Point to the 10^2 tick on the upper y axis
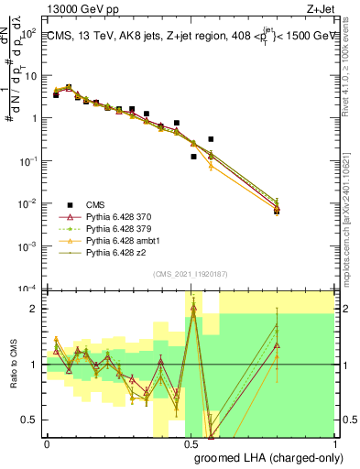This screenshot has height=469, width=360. (x=28, y=33)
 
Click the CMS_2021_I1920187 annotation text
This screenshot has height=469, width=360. (x=190, y=274)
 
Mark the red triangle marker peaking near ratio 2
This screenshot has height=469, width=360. (x=192, y=307)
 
